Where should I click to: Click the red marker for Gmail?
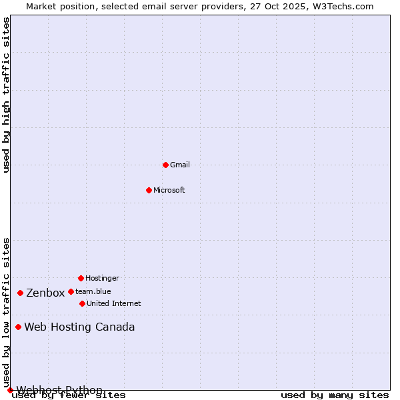coord(165,165)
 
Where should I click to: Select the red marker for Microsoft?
coord(149,190)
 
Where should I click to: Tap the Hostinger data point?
coord(81,278)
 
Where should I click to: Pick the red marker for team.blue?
coord(71,291)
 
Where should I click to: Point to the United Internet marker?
coord(82,303)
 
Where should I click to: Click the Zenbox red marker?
coord(20,293)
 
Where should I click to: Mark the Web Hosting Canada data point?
coord(18,327)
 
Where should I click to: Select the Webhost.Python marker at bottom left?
coord(10,390)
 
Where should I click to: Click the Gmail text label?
coord(180,165)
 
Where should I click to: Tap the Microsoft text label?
coord(169,190)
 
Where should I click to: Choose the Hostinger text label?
coord(102,278)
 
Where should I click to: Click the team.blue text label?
coord(93,291)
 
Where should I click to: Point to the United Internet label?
coord(114,303)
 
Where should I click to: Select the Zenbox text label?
coord(45,293)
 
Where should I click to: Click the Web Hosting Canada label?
coord(79,327)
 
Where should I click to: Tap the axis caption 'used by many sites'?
coord(335,395)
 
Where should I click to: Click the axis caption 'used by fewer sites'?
coord(69,395)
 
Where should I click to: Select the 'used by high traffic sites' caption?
coord(7,95)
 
